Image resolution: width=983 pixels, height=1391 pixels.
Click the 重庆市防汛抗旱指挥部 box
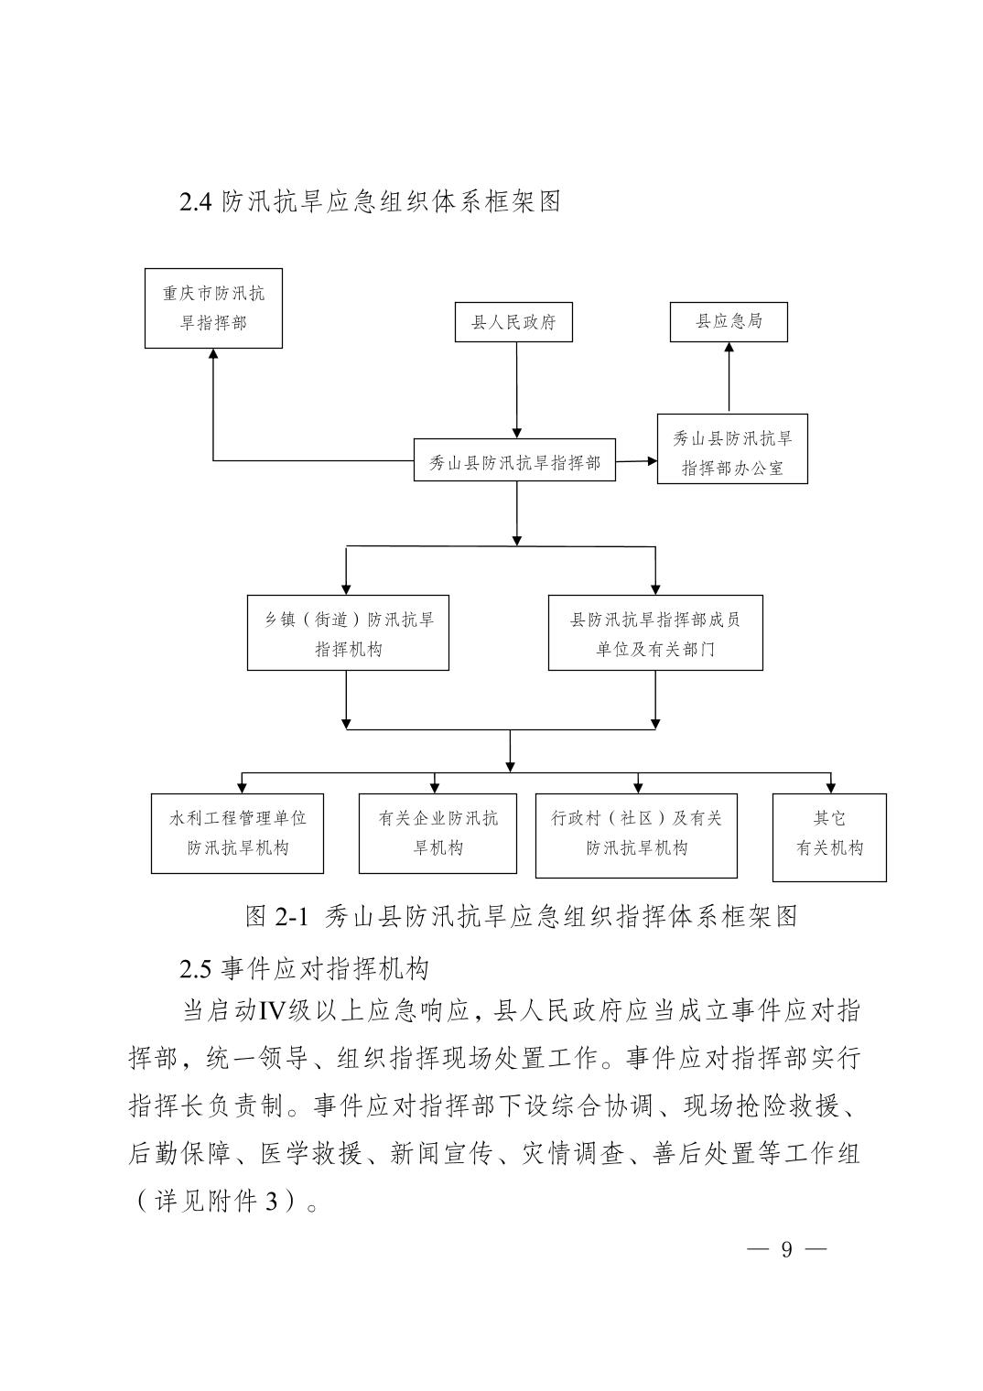(213, 308)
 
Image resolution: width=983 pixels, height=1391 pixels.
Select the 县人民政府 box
(513, 322)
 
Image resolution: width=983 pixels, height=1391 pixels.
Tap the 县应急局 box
(729, 322)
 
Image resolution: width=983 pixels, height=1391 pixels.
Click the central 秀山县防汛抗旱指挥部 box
(514, 460)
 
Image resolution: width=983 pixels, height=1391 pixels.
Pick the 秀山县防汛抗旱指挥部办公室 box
(733, 449)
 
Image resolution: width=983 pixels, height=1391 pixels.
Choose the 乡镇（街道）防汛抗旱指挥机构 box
(348, 632)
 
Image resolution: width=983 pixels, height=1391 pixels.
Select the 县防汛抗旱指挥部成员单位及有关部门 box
(655, 632)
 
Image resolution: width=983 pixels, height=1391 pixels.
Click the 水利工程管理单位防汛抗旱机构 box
(237, 834)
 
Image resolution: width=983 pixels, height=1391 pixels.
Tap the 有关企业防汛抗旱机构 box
(437, 834)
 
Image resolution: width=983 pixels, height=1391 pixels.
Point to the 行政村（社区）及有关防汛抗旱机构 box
(636, 836)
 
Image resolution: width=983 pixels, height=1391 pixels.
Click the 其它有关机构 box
(829, 837)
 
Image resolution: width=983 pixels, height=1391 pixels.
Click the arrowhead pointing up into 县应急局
(729, 347)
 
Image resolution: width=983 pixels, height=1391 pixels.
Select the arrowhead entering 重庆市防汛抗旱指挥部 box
(213, 353)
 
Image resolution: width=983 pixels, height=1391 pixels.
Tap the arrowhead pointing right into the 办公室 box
(653, 461)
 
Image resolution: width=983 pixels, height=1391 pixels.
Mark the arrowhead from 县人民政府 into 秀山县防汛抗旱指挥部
(516, 434)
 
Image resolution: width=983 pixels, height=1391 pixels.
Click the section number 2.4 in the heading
(196, 202)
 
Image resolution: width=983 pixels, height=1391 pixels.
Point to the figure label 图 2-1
(276, 916)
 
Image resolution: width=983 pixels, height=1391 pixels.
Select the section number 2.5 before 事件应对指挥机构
(196, 969)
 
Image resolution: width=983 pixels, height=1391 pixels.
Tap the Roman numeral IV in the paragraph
(272, 1011)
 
